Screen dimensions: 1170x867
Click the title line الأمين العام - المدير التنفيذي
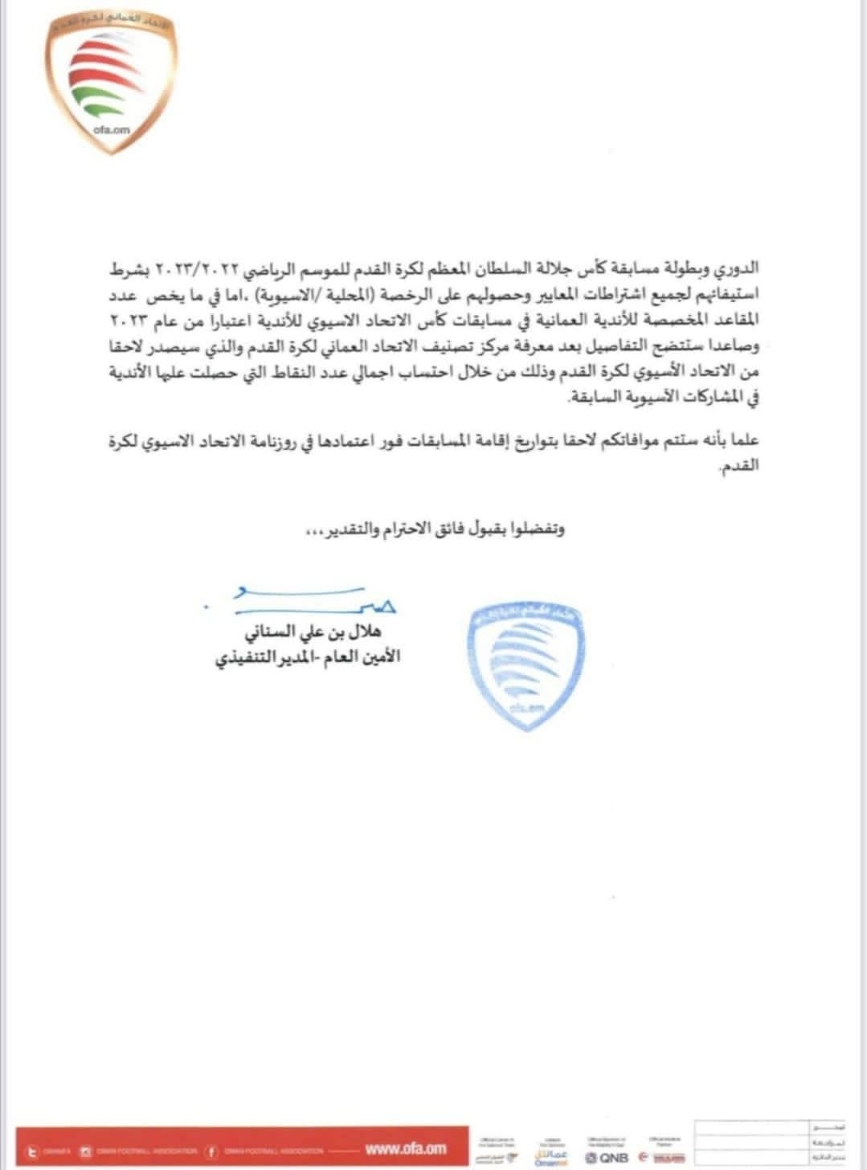(x=308, y=657)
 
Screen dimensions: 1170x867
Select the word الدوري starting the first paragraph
(x=735, y=268)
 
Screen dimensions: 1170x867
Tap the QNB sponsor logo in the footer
(x=610, y=1157)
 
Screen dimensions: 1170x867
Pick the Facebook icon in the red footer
(x=211, y=1151)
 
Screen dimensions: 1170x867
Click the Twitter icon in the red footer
(x=34, y=1151)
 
